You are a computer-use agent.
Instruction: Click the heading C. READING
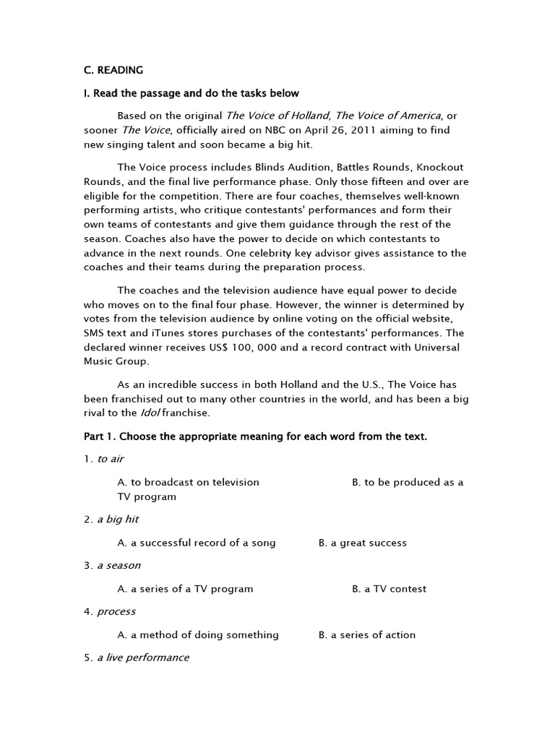click(113, 70)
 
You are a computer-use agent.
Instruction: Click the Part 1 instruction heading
click(255, 436)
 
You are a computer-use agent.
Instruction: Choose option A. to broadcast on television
click(188, 482)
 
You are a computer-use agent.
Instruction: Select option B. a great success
click(362, 543)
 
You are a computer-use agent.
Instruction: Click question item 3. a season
click(112, 565)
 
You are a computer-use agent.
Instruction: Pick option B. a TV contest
click(389, 589)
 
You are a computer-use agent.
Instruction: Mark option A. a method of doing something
click(197, 634)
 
